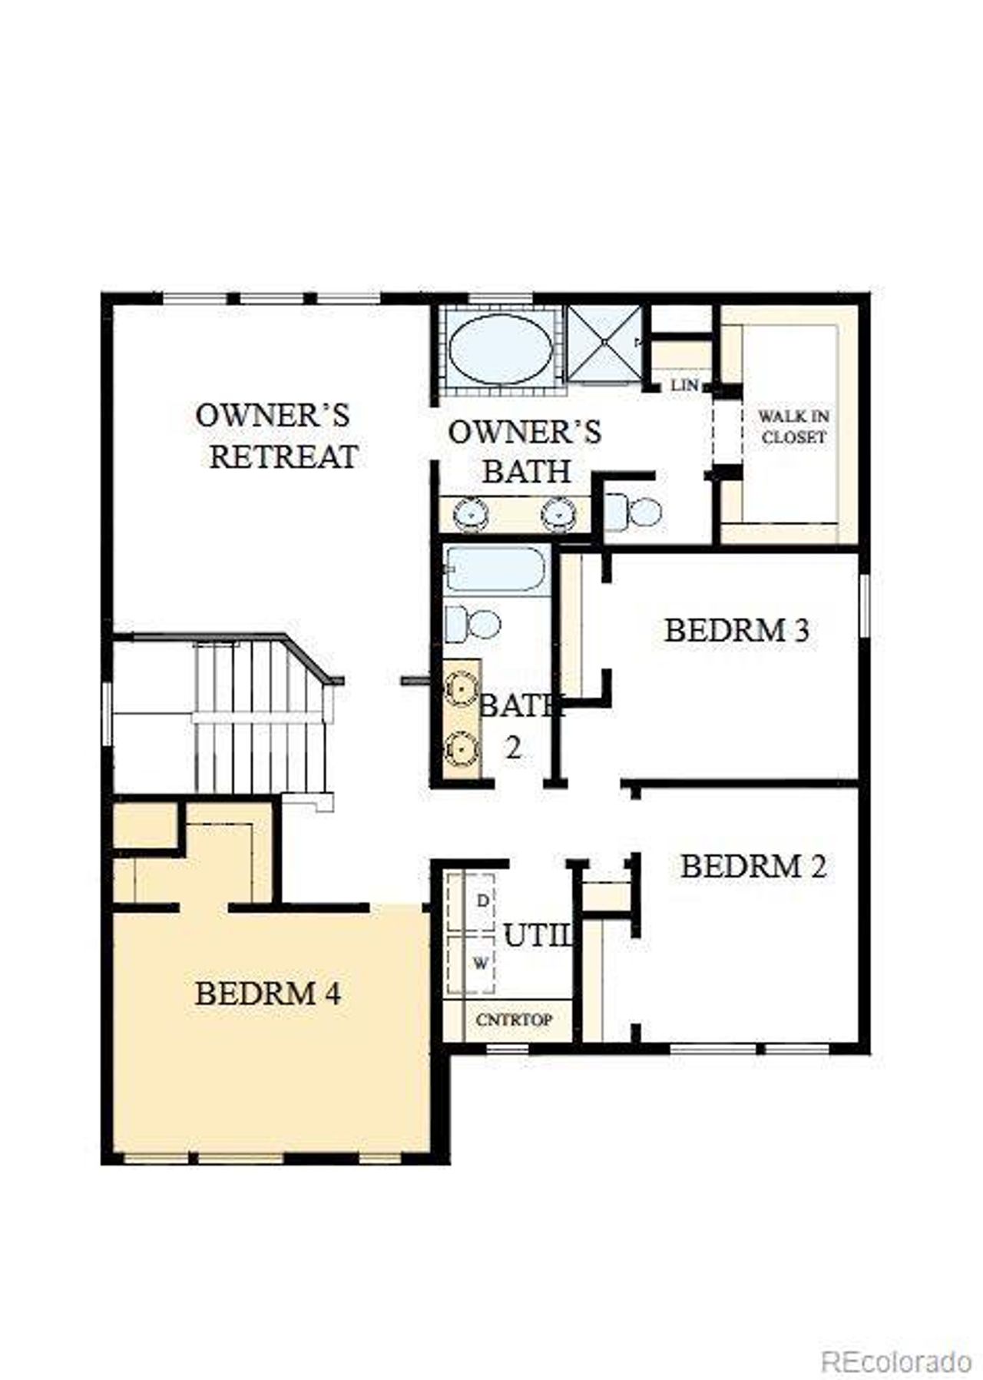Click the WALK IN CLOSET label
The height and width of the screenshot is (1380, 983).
tap(793, 426)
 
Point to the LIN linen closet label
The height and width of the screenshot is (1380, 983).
tap(683, 384)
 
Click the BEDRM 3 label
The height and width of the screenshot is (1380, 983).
tap(736, 630)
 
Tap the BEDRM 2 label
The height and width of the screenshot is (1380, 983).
tap(753, 867)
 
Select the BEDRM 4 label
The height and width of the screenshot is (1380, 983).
tap(267, 994)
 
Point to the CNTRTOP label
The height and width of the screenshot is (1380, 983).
tap(514, 1020)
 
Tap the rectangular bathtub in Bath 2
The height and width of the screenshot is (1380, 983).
tap(496, 569)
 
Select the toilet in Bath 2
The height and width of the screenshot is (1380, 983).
tap(472, 623)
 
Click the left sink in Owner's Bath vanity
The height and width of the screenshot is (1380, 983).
tap(467, 514)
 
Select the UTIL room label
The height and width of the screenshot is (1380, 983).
tap(538, 936)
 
